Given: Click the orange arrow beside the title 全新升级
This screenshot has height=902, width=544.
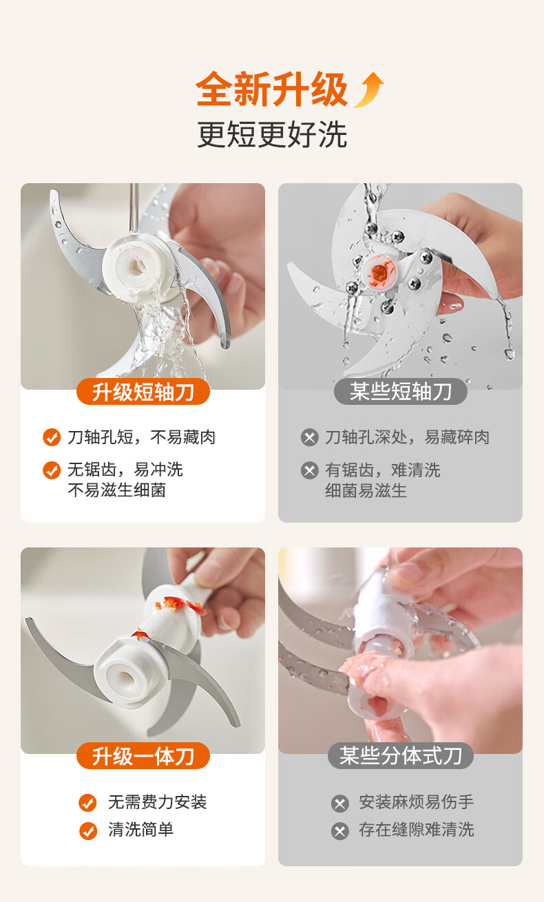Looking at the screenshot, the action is coord(370,90).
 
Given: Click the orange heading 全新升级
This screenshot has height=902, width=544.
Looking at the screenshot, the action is coord(272,89).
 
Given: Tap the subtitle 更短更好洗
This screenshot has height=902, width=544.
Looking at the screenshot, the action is coord(272,134).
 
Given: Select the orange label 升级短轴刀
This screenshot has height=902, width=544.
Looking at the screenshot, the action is coord(143,391).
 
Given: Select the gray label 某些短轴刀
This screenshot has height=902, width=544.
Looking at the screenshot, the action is coord(401,391).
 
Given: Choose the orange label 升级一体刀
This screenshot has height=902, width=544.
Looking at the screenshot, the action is coord(143,756).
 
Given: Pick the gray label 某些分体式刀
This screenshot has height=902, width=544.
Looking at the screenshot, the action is coord(401,756).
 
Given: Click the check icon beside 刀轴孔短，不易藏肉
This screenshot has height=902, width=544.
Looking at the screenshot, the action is coord(52,437).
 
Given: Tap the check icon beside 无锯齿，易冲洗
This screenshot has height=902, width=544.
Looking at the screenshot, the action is coord(52,470).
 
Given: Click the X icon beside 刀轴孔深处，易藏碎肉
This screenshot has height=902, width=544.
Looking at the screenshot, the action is coord(310,437).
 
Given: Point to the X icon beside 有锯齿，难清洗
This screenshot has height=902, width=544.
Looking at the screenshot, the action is coord(310,470).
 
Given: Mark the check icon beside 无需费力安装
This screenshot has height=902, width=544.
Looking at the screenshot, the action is coord(87,803).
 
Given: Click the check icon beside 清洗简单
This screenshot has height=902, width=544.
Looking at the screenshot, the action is coord(87,830).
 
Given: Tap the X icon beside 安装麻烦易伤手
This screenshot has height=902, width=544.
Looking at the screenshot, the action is coord(340,804).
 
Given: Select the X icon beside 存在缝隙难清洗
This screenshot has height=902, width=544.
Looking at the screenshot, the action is coord(340,831).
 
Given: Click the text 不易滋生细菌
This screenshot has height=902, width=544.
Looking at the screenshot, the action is coord(117,490).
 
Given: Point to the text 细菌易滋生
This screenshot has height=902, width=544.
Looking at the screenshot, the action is coord(366,491).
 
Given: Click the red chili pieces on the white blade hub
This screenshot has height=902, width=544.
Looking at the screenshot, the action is coord(179,605).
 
